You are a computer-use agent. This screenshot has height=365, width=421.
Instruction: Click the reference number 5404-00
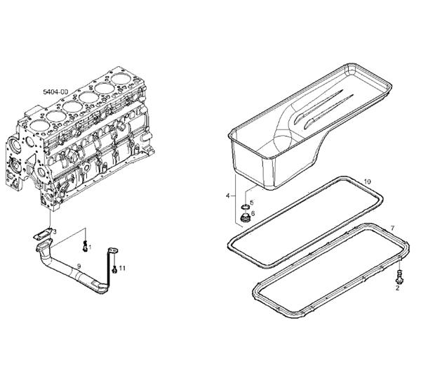55,92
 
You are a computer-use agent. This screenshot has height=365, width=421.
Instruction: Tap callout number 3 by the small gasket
55,232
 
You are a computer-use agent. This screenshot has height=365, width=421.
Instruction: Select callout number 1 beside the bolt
90,247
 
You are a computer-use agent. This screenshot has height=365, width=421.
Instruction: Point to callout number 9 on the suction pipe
79,267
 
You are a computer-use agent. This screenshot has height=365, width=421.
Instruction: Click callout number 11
122,268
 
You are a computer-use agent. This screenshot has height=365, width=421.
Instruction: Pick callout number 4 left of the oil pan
228,196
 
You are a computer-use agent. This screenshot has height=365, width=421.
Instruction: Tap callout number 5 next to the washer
252,203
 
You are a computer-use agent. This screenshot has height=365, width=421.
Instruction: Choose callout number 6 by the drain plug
253,213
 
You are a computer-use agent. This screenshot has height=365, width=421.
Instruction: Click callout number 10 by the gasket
367,181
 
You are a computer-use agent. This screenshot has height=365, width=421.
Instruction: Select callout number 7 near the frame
392,229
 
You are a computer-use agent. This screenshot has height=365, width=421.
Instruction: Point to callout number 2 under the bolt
397,288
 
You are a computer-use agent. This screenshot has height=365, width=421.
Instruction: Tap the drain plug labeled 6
245,218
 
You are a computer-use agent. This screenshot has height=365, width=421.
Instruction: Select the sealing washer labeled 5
245,207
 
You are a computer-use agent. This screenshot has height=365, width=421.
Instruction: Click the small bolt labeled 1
86,246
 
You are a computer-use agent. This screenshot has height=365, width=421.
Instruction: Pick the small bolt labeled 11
114,269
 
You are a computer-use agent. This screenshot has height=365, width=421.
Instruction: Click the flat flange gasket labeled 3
43,234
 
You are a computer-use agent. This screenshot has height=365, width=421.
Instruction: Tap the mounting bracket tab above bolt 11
114,250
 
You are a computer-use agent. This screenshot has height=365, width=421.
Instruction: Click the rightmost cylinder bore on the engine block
121,79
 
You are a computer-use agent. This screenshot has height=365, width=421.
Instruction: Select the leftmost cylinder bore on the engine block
40,126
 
